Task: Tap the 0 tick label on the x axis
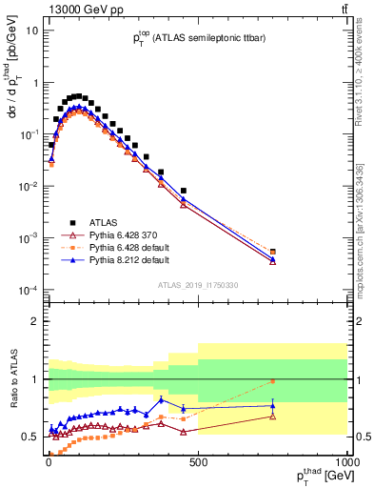pos(49,461)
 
